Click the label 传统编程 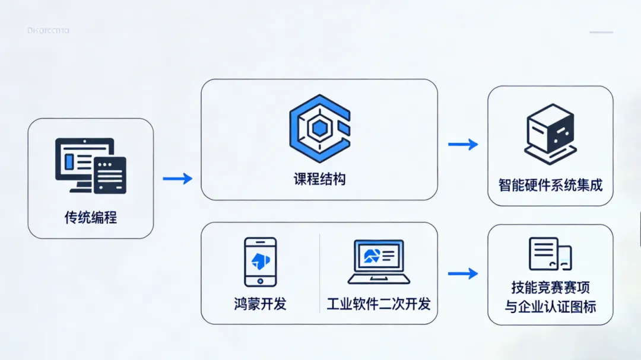pos(91,218)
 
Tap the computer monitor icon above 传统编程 pos(90,165)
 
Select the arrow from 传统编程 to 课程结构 pos(177,179)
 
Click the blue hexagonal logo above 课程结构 pos(319,128)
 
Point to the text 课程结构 pos(319,179)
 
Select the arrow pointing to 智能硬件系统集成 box pos(463,144)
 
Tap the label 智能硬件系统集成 pos(550,185)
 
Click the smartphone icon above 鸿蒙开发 pos(260,262)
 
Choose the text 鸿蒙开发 pos(260,304)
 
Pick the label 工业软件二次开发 pos(379,304)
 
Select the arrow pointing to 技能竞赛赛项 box pos(463,273)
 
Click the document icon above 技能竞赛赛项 pos(550,254)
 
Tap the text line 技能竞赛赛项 pos(550,288)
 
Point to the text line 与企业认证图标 pos(550,307)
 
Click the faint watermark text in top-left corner pos(49,30)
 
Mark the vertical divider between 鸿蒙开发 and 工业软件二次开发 pos(319,273)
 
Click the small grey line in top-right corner pos(601,32)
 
